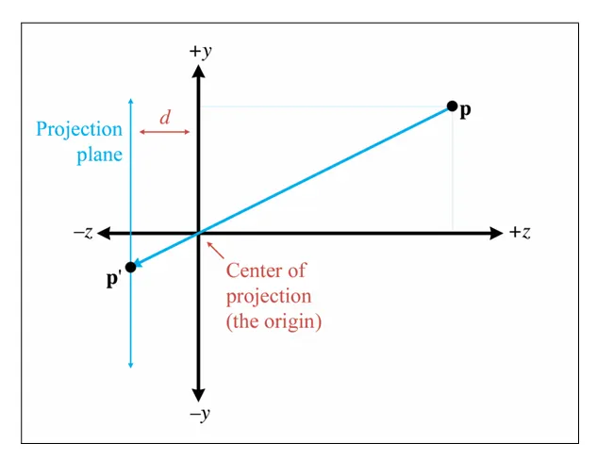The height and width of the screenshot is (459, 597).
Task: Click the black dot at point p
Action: pos(453,106)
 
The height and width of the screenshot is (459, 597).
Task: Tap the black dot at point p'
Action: pos(130,267)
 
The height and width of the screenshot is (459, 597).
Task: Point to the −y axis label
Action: pos(198,415)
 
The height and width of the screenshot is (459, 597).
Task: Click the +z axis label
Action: pos(520,233)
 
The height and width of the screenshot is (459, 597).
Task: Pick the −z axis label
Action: pos(83,233)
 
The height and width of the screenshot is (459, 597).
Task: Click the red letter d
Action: pos(165,117)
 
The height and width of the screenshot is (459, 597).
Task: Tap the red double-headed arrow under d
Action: pos(165,132)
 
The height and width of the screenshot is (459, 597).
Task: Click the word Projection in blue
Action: pos(79,129)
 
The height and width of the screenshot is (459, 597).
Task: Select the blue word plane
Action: pos(99,155)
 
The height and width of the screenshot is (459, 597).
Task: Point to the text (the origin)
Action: pos(274,320)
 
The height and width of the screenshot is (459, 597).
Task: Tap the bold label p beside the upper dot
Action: pos(466,111)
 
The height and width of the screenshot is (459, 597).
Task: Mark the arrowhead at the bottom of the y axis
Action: pos(199,395)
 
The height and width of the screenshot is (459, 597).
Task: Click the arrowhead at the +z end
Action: pos(496,233)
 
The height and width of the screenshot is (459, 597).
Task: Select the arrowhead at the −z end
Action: pos(104,233)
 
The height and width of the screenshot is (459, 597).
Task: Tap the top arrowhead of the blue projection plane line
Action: pos(130,100)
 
